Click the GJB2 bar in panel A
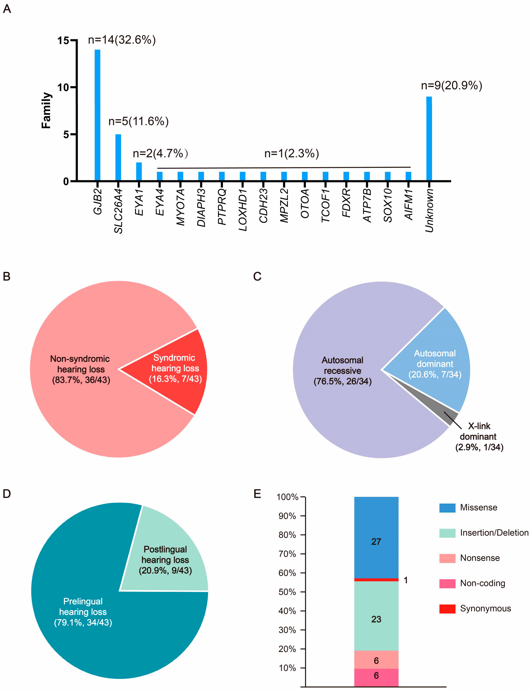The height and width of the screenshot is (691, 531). pyautogui.click(x=97, y=115)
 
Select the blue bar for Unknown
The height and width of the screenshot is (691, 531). pyautogui.click(x=429, y=139)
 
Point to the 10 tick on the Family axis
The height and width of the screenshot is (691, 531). pyautogui.click(x=63, y=88)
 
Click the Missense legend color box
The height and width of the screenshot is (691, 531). pyautogui.click(x=447, y=508)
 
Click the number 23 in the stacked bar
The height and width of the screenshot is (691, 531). pyautogui.click(x=376, y=619)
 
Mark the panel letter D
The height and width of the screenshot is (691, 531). pyautogui.click(x=7, y=494)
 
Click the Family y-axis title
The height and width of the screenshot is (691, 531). pyautogui.click(x=46, y=110)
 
